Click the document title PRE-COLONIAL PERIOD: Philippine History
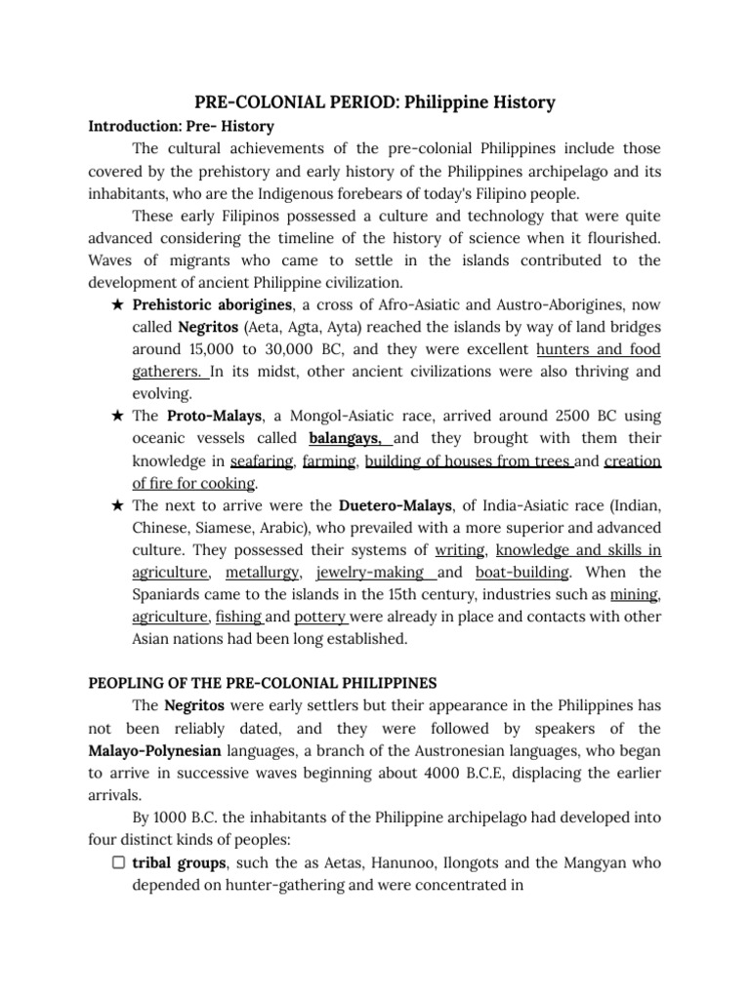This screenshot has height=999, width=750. pos(375,101)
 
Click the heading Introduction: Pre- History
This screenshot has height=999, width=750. pos(181,127)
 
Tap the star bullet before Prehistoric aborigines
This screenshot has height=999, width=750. pos(117,304)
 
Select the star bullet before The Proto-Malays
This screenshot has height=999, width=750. pos(117,417)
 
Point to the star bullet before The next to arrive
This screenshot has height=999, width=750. pos(117,505)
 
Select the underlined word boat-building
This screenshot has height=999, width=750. pos(517,573)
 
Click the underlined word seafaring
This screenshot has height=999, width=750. pos(262,461)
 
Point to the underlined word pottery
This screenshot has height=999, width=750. pos(320,617)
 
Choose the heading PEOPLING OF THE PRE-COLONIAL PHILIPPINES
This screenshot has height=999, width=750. pos(263,682)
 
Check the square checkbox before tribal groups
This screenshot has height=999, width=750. pos(117,862)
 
